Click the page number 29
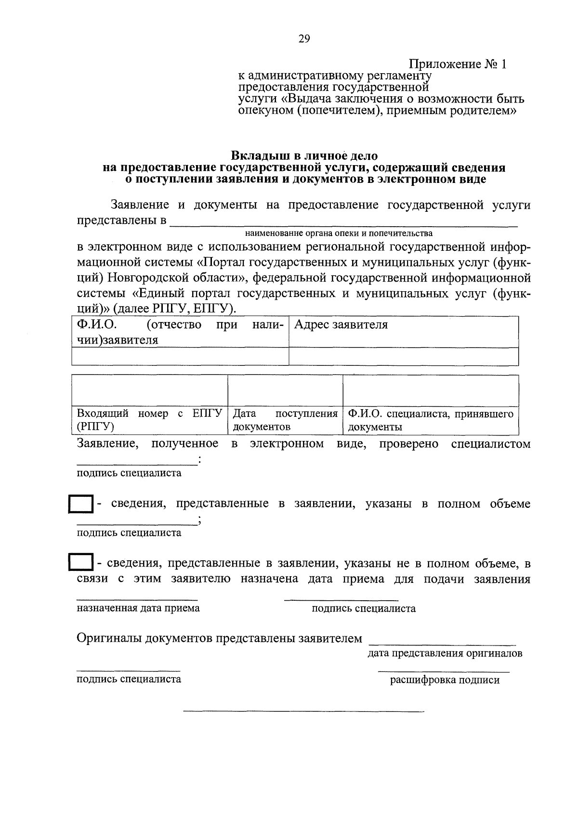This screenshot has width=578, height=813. pyautogui.click(x=303, y=39)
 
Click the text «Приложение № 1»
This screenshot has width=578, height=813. pyautogui.click(x=458, y=64)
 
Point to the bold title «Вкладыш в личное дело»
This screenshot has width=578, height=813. pyautogui.click(x=304, y=156)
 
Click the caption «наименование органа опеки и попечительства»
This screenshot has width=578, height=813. pyautogui.click(x=339, y=233)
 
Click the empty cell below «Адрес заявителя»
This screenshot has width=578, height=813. pyautogui.click(x=404, y=356)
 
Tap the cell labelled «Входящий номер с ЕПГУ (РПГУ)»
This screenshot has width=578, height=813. pyautogui.click(x=149, y=420)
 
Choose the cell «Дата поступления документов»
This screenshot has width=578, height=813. pyautogui.click(x=285, y=420)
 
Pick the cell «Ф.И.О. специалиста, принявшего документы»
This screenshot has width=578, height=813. pyautogui.click(x=431, y=420)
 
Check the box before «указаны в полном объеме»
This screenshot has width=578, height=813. pyautogui.click(x=81, y=504)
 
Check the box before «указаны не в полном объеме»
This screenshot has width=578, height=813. pyautogui.click(x=81, y=563)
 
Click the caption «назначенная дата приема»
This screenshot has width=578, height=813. pyautogui.click(x=138, y=608)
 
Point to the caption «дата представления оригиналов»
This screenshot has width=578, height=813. pyautogui.click(x=445, y=653)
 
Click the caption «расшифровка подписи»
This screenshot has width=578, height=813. pyautogui.click(x=445, y=680)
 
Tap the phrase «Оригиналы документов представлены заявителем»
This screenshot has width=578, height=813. pyautogui.click(x=219, y=639)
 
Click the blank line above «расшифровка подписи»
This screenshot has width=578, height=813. pyautogui.click(x=444, y=671)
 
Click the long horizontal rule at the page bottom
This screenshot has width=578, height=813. pyautogui.click(x=303, y=711)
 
